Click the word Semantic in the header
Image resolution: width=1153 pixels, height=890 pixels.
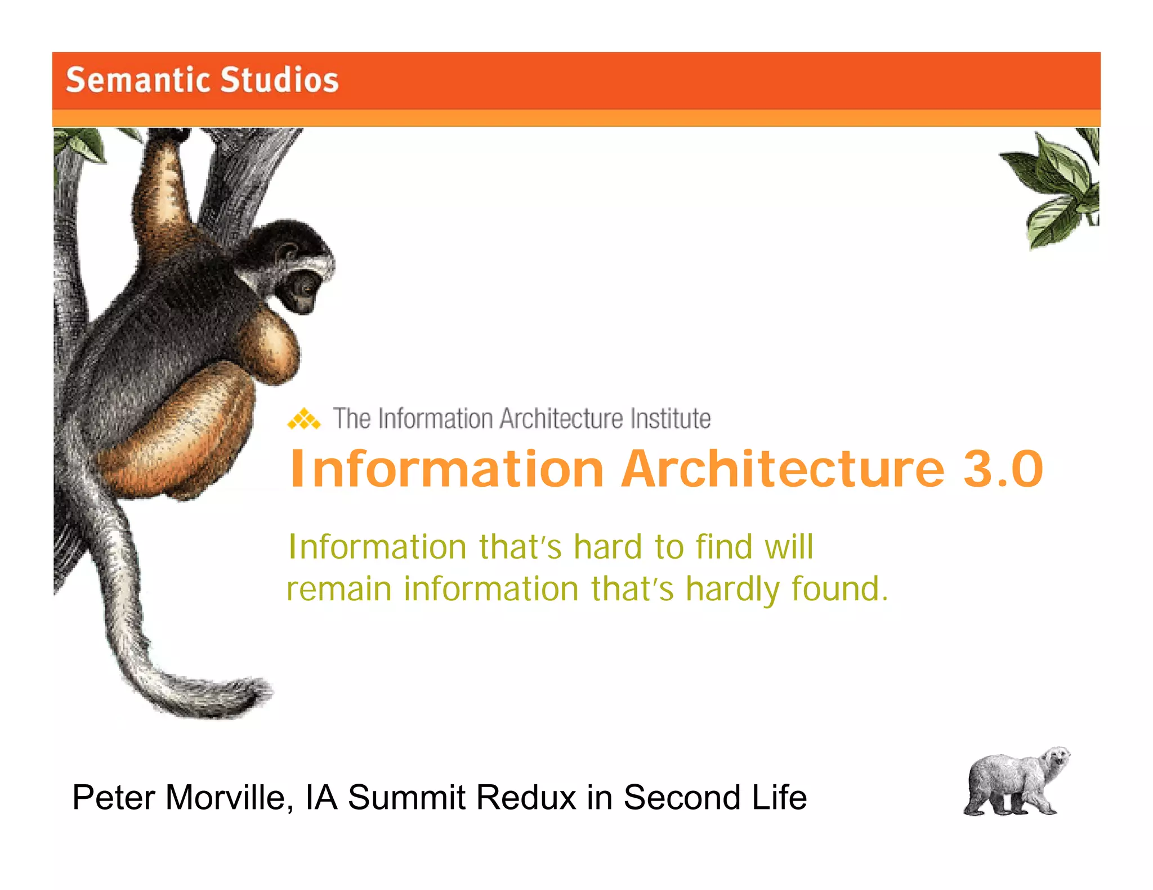[138, 79]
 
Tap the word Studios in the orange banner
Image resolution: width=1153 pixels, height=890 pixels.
[279, 79]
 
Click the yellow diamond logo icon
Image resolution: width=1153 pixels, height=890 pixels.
[304, 419]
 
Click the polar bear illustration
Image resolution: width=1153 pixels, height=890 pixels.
[1013, 782]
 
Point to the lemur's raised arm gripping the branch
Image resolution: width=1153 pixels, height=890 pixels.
[163, 180]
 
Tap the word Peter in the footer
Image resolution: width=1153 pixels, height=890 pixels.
[113, 798]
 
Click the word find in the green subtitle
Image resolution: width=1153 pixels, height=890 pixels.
[724, 547]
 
